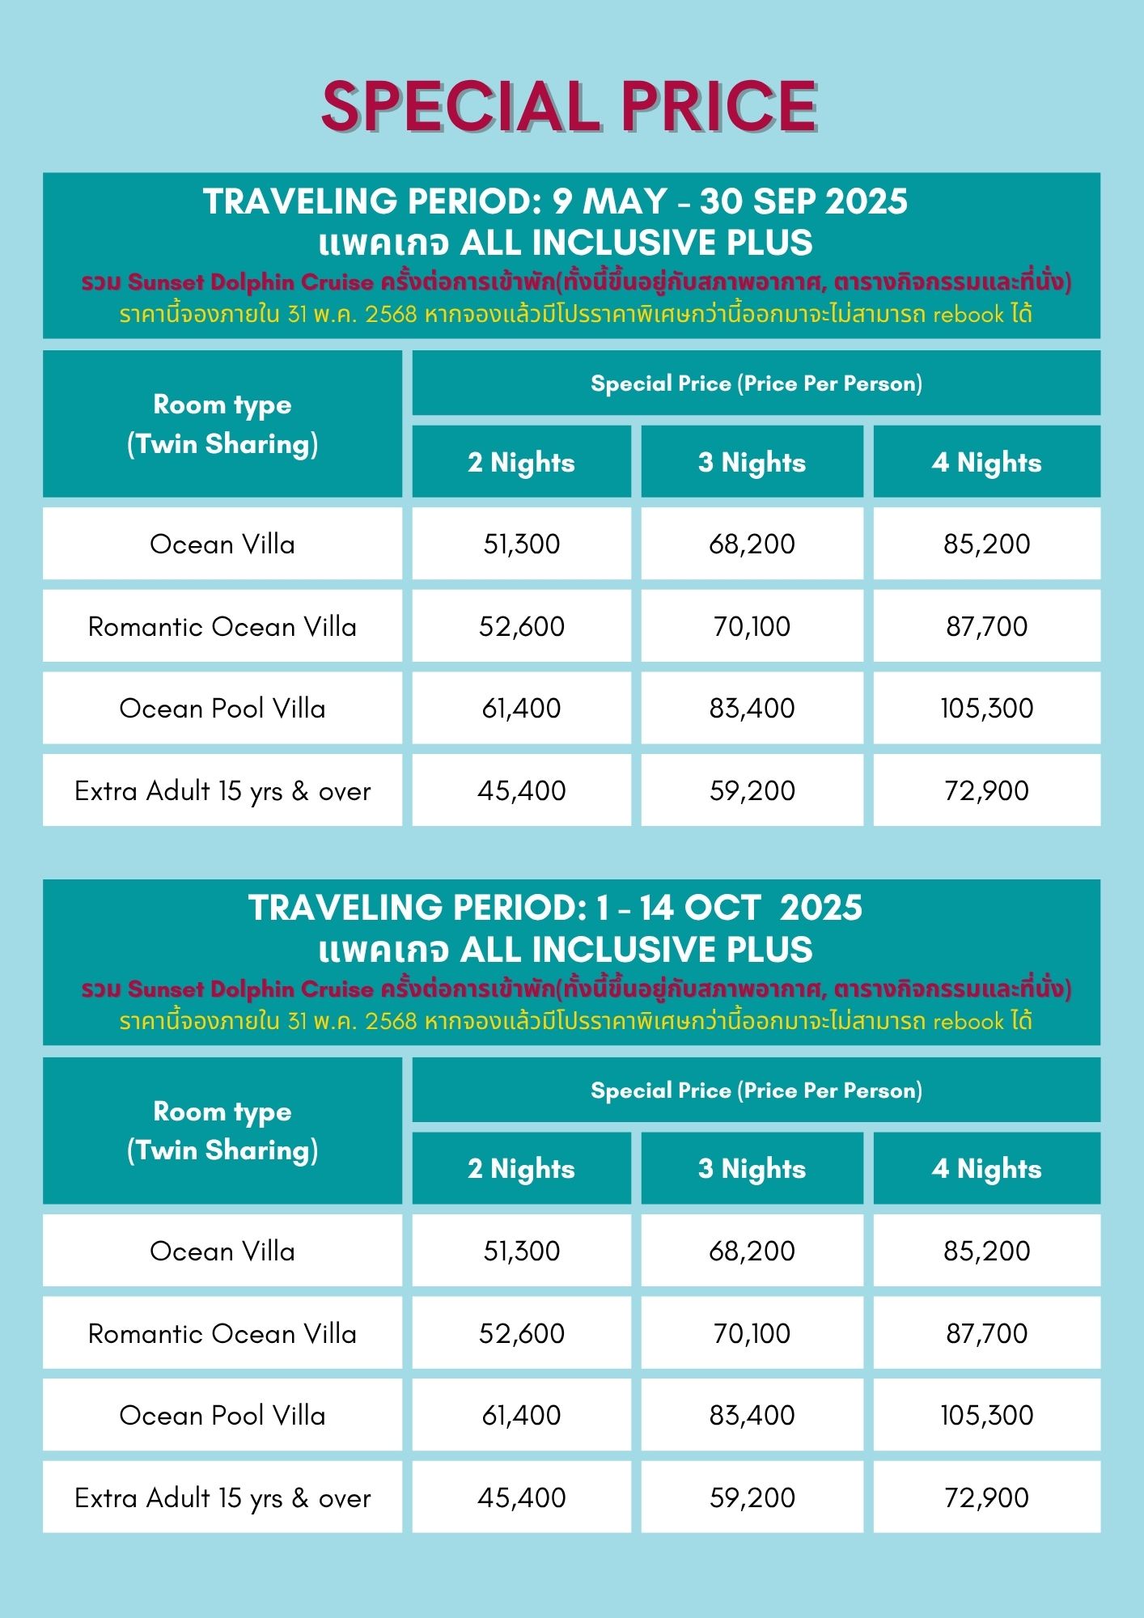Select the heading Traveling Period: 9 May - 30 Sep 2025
tap(555, 201)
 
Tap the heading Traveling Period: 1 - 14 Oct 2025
tap(555, 908)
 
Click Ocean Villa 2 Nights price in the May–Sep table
tap(521, 544)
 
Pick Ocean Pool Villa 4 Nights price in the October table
tap(986, 1415)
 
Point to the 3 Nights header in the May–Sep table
tap(752, 462)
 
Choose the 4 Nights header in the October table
tap(986, 1168)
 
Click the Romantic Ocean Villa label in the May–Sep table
tap(222, 626)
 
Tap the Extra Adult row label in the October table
tap(222, 1497)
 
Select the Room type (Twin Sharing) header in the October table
tap(222, 1130)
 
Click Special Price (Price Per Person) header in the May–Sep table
tap(756, 383)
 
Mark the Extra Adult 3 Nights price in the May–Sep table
tap(752, 790)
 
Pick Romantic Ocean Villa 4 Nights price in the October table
tap(986, 1333)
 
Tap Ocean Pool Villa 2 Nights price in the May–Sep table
tap(521, 708)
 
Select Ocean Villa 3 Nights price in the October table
tap(752, 1251)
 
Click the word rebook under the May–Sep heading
tap(968, 314)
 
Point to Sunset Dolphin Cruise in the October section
tap(251, 989)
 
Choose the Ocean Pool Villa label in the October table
tap(222, 1415)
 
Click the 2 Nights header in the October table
tap(521, 1168)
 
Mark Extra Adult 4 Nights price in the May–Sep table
tap(986, 790)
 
